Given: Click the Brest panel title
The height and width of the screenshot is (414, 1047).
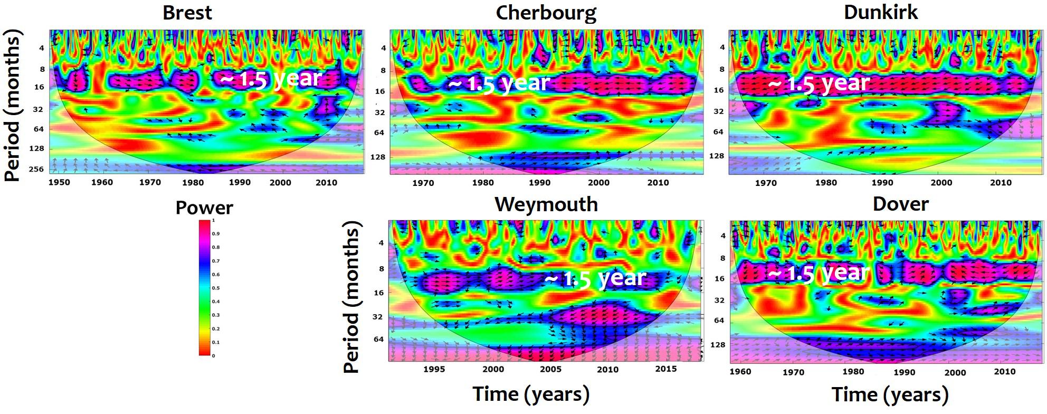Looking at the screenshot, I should [x=187, y=13].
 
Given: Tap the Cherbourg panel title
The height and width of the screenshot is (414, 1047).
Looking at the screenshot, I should [x=546, y=13].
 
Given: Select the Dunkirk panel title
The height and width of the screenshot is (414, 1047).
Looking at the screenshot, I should [x=881, y=12].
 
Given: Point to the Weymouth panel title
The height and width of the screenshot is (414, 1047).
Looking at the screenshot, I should [x=546, y=204].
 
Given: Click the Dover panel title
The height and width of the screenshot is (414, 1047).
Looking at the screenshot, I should [x=900, y=204].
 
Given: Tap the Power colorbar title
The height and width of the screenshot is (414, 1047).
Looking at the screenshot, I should [x=204, y=208].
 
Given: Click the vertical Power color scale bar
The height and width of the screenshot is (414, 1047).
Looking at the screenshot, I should [x=205, y=287].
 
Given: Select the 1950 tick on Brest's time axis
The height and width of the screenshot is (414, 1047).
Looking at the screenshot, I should [x=59, y=183].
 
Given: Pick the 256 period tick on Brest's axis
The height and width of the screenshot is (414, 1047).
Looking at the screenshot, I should [x=36, y=170].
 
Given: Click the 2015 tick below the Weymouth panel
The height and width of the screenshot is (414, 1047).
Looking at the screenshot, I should [x=666, y=369].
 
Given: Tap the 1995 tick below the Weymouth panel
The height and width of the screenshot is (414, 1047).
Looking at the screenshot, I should [x=434, y=369].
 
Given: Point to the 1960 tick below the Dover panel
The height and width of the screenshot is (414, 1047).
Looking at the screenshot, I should [x=740, y=372].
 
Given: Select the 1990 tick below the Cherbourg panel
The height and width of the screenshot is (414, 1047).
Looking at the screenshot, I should [x=539, y=183].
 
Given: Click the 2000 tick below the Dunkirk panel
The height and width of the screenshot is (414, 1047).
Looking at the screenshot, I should [x=941, y=183].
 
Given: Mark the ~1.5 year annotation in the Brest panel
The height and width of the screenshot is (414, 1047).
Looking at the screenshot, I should [x=271, y=79].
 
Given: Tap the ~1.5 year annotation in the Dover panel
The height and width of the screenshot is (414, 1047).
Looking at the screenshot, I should [x=818, y=273].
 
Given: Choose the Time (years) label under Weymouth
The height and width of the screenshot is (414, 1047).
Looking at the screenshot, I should [x=531, y=394].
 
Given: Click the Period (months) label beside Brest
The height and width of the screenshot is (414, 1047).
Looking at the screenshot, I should [x=13, y=106].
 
